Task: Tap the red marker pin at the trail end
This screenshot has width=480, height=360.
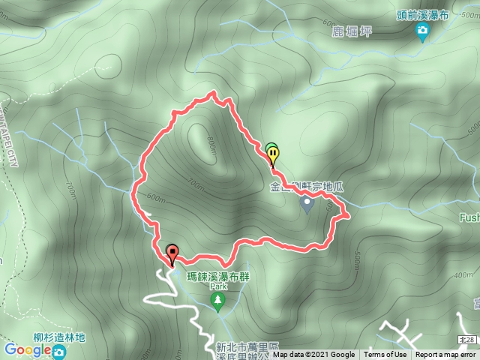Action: tap(172, 253)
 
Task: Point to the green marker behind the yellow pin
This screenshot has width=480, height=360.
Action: tap(269, 148)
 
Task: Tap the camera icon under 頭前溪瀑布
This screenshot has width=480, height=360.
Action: tap(422, 30)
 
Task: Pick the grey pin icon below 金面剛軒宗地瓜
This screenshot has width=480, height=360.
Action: tap(307, 203)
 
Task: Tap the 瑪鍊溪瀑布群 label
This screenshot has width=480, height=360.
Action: tap(217, 276)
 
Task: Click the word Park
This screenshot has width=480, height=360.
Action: tap(217, 286)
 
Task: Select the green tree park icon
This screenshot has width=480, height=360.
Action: tap(218, 301)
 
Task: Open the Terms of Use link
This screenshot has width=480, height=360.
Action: tap(385, 355)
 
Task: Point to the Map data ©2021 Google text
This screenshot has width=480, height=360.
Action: tap(313, 355)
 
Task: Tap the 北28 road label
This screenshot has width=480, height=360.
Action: tap(466, 340)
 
